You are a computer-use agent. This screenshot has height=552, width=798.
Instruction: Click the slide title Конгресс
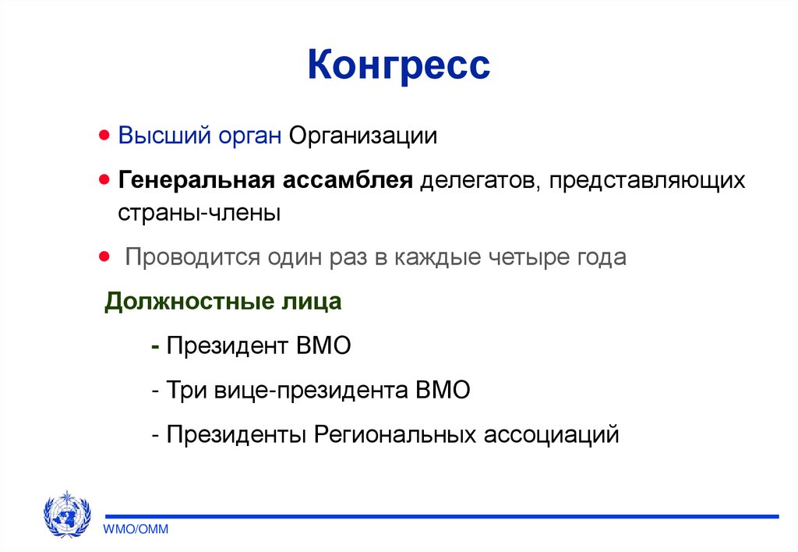[x=398, y=65]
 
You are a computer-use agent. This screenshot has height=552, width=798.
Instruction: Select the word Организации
[x=364, y=136]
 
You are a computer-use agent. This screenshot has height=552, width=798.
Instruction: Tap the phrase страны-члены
[x=199, y=212]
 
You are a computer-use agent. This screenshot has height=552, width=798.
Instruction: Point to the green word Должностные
[x=182, y=302]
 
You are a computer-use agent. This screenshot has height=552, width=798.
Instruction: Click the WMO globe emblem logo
[x=67, y=515]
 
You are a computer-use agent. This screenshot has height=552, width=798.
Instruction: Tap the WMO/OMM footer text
[x=136, y=529]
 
